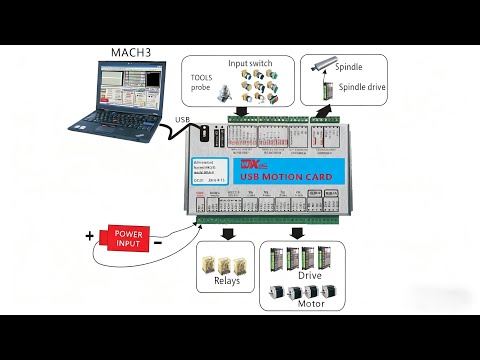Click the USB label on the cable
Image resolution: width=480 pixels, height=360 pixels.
pos(183,121)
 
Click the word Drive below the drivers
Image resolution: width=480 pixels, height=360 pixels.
pos(310,274)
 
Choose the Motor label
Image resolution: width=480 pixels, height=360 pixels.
pos(310,302)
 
